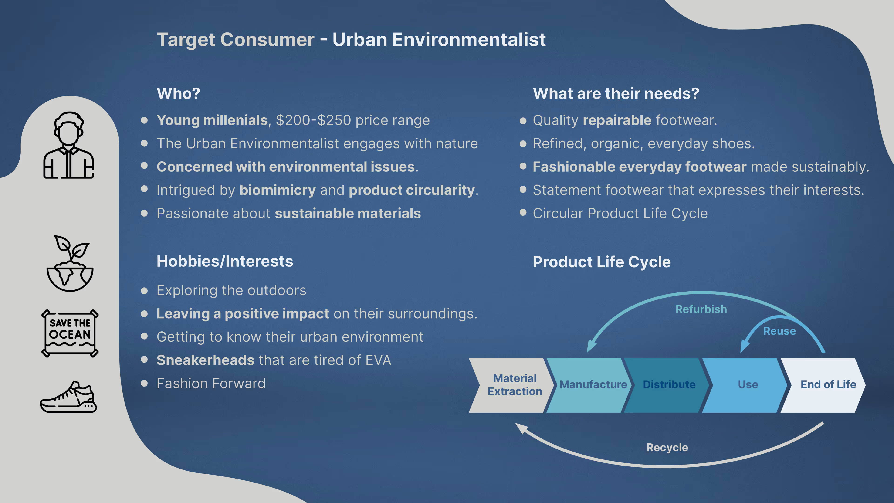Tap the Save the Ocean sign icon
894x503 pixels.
70,333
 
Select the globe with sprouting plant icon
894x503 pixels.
70,263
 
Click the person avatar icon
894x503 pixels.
69,145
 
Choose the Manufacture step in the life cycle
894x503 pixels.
590,385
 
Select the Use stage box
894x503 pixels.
746,385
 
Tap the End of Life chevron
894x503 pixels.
824,385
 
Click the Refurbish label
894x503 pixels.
701,309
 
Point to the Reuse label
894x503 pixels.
779,331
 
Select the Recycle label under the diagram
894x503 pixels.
667,447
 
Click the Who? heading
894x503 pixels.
178,93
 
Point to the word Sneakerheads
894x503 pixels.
205,360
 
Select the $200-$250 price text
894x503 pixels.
314,120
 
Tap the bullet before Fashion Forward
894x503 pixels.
144,383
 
